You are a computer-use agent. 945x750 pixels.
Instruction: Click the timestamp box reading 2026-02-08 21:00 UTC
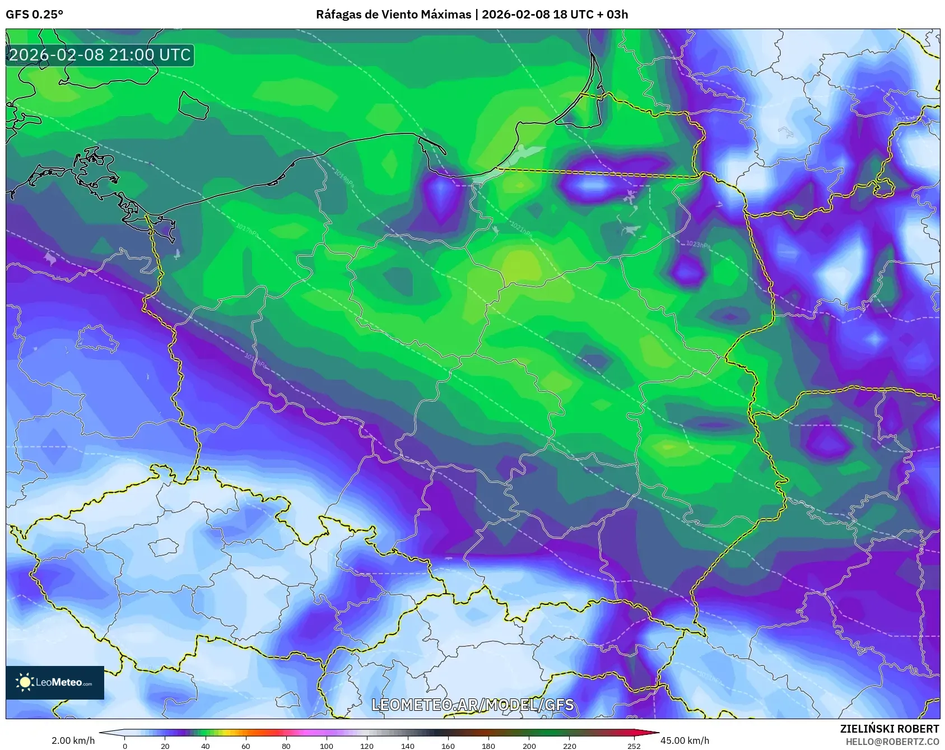click(100, 55)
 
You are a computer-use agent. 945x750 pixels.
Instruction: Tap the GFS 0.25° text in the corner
click(34, 15)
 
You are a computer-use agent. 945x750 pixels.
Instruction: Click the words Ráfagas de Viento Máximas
click(393, 15)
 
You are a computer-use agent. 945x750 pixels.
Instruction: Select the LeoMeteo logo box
click(55, 682)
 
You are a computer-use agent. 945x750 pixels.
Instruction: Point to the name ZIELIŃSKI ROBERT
click(889, 729)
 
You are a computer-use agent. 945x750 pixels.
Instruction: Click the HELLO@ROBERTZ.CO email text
click(892, 741)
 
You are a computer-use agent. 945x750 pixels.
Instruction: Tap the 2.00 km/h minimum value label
click(73, 740)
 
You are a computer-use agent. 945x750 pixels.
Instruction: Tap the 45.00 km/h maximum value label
click(685, 740)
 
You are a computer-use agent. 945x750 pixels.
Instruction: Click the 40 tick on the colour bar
click(206, 746)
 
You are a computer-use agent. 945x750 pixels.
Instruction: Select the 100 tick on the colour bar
click(327, 746)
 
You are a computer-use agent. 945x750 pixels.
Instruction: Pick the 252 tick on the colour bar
click(634, 746)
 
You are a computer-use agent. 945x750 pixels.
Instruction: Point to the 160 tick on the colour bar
click(448, 746)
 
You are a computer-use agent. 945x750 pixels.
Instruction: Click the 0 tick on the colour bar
click(124, 746)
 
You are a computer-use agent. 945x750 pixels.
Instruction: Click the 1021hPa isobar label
click(520, 227)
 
